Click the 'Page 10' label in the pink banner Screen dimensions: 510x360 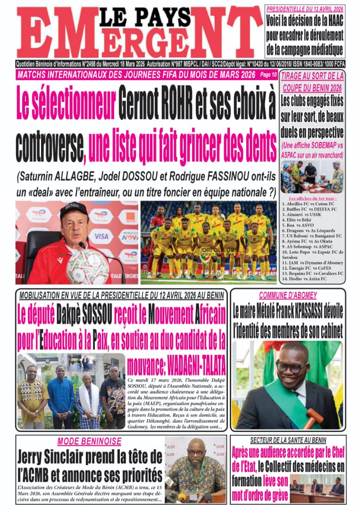click(268, 75)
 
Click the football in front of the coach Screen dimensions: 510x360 click(88, 266)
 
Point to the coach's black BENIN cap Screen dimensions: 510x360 click(74, 210)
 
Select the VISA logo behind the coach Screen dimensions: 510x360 click(101, 235)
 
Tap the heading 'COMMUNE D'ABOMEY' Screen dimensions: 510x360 click(287, 295)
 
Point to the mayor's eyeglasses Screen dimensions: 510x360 click(289, 366)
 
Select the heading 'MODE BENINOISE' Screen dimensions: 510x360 click(89, 442)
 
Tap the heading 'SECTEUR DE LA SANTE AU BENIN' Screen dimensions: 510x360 click(288, 439)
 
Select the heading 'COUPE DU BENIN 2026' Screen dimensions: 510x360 click(312, 88)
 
